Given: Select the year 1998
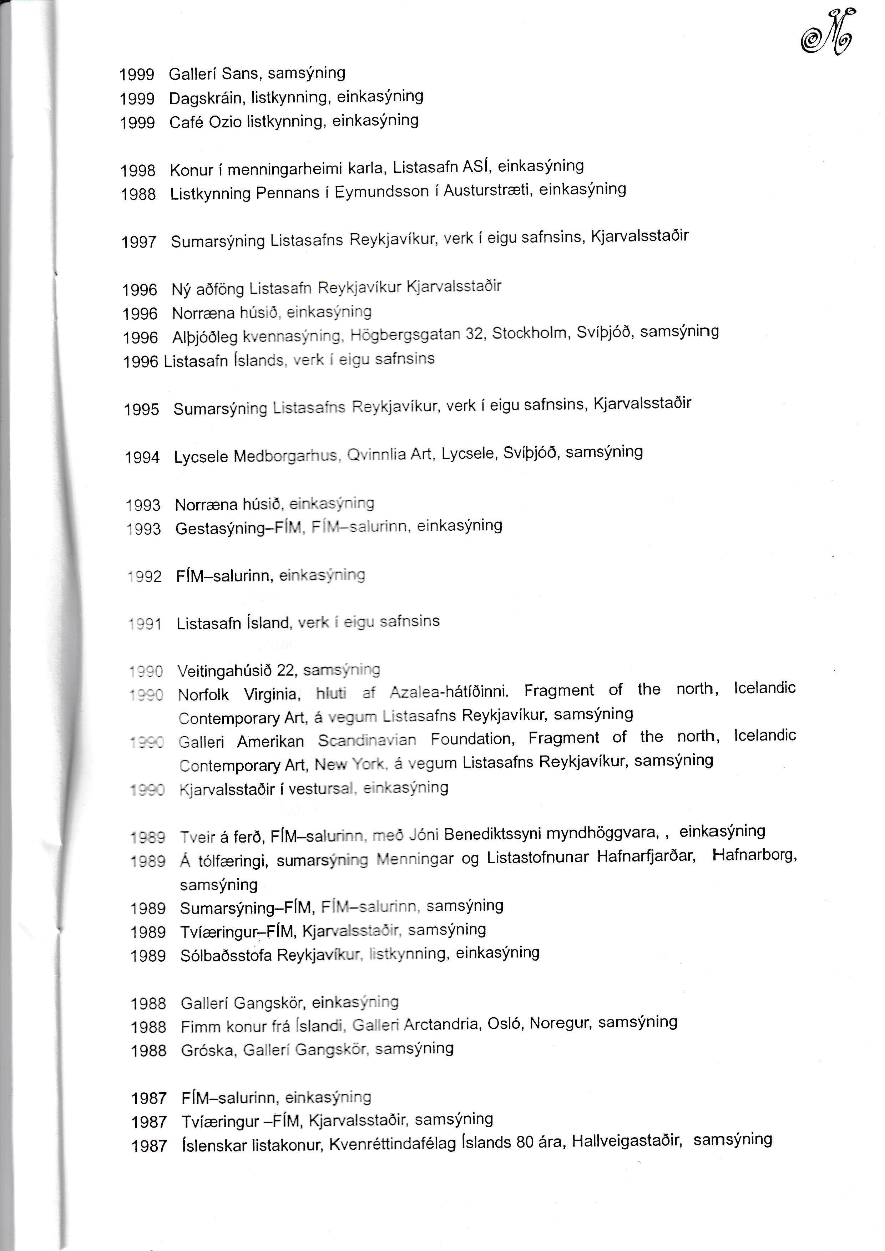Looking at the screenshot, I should pyautogui.click(x=138, y=171).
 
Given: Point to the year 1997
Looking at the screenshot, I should pyautogui.click(x=138, y=242).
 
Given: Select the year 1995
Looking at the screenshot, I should pyautogui.click(x=141, y=410).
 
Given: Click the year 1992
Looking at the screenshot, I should pyautogui.click(x=145, y=576).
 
